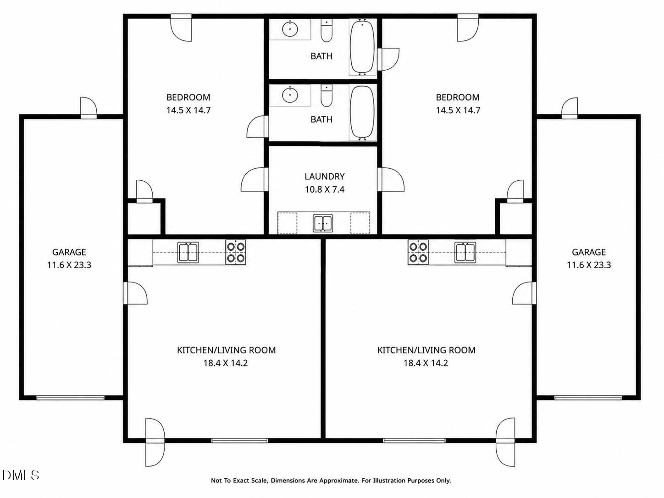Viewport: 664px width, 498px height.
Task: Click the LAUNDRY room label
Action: (x=324, y=176)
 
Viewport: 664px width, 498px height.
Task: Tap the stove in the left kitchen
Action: (x=236, y=252)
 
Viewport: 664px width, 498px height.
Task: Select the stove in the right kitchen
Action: (x=418, y=252)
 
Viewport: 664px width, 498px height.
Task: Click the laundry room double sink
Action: (x=323, y=223)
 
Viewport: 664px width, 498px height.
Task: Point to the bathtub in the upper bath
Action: (x=362, y=47)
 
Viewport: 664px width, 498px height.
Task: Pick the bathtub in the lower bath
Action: (x=362, y=112)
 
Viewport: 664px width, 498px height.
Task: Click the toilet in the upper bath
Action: (x=326, y=31)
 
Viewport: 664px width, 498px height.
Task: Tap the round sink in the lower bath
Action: (x=290, y=95)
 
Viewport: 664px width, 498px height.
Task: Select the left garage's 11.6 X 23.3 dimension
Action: (x=69, y=265)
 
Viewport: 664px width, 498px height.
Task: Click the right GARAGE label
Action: (x=588, y=252)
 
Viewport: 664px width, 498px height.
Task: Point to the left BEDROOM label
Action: (x=188, y=97)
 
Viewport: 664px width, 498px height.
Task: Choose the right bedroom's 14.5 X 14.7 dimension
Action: (x=458, y=110)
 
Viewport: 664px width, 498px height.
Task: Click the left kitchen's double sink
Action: (x=188, y=253)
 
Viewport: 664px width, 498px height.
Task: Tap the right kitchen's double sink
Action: (x=465, y=252)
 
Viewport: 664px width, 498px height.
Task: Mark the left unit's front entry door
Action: (x=155, y=442)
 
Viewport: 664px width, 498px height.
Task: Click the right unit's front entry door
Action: (x=505, y=442)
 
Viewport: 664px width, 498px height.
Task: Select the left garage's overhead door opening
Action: (x=71, y=398)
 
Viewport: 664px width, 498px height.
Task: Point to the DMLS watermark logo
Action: (x=20, y=476)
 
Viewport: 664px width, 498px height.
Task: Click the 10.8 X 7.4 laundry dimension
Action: (x=324, y=189)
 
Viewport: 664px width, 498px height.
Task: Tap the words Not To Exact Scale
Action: (x=239, y=481)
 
